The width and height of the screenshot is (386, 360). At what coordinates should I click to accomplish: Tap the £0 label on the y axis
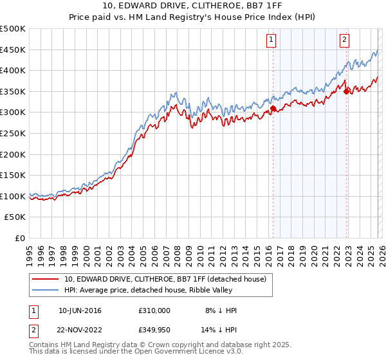(21, 238)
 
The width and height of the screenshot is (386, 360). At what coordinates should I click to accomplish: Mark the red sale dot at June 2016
(272, 109)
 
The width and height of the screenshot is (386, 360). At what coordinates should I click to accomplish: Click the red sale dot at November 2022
(346, 91)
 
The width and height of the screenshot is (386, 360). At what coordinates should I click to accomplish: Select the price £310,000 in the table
(154, 310)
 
